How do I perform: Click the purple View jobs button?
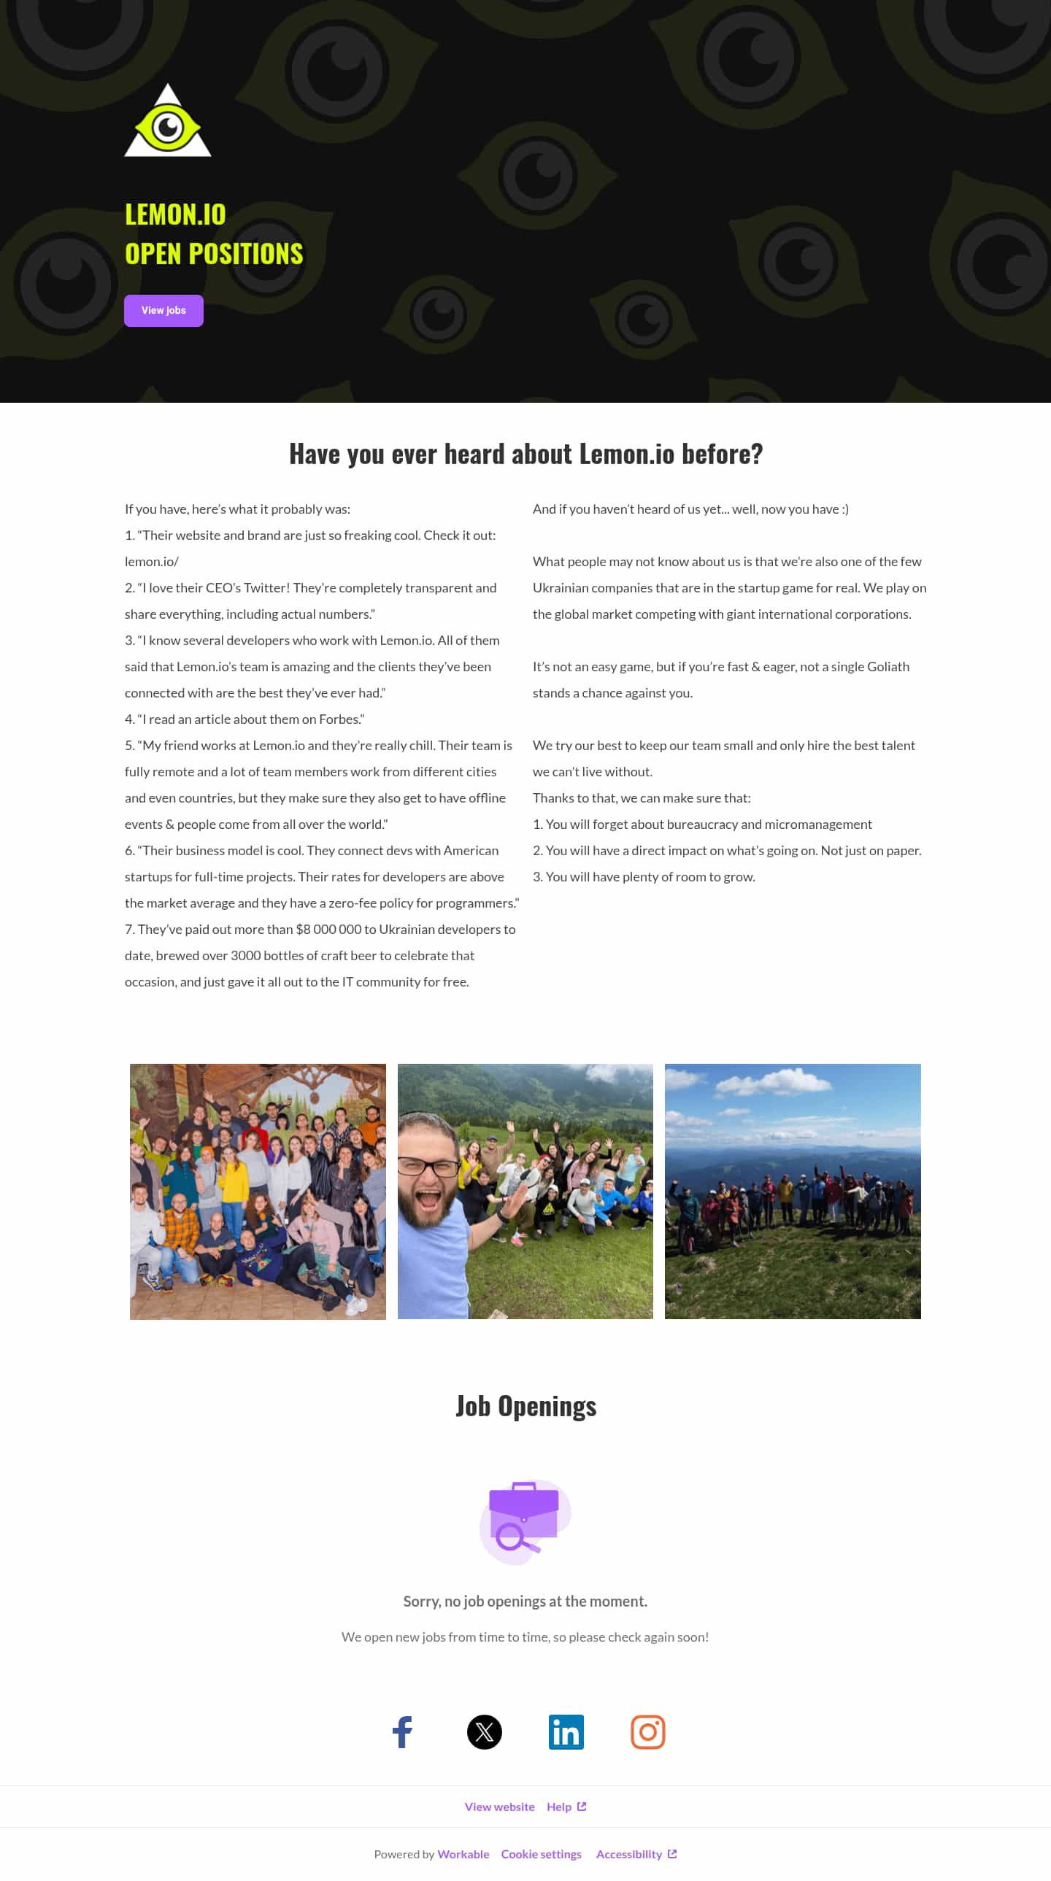tap(163, 310)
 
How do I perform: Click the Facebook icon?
tap(402, 1731)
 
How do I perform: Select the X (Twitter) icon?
tap(484, 1731)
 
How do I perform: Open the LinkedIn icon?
tap(566, 1731)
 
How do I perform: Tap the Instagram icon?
tap(648, 1731)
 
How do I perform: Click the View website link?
tap(499, 1807)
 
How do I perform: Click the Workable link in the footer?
tap(463, 1854)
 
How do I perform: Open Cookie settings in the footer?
tap(542, 1854)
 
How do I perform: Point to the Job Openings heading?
tap(526, 1405)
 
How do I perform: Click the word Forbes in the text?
tap(340, 719)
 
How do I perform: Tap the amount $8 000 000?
tap(328, 930)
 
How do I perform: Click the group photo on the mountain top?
tap(793, 1191)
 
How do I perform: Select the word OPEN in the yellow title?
tap(153, 254)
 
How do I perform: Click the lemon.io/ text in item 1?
tap(152, 562)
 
